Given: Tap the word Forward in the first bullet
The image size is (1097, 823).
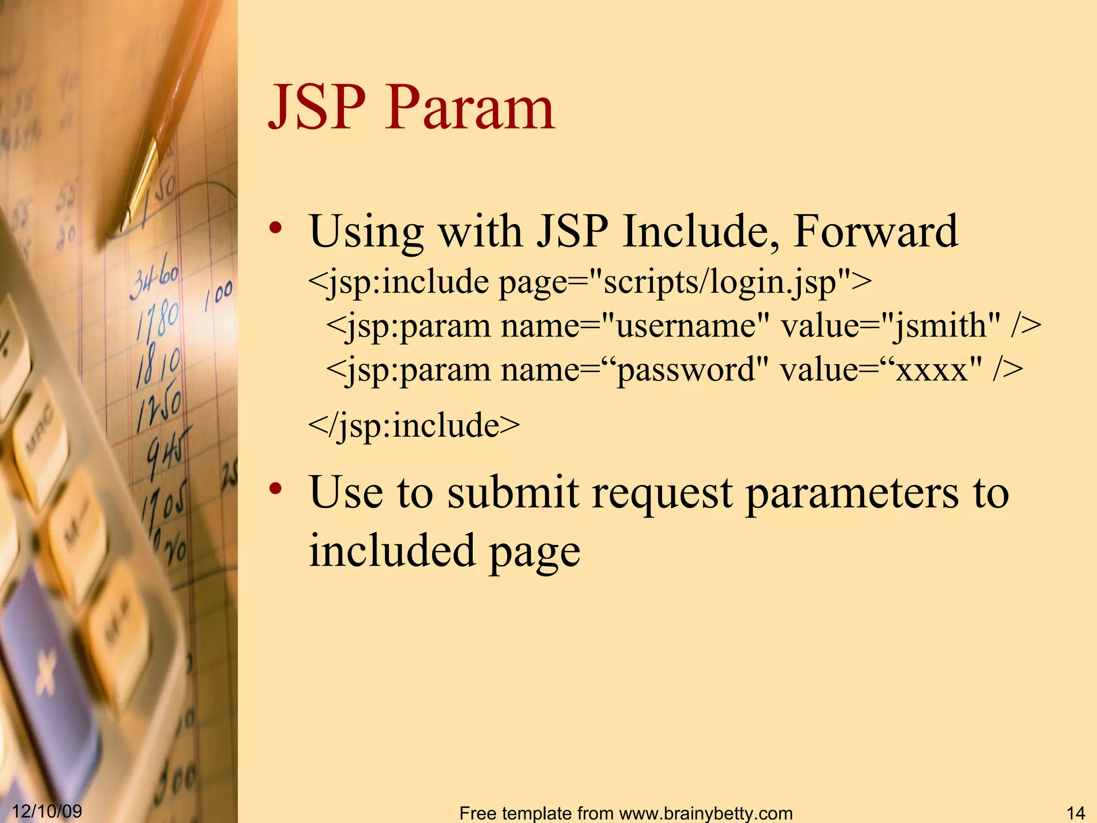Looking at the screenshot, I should coord(875,231).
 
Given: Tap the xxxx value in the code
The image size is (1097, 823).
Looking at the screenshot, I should coord(932,370).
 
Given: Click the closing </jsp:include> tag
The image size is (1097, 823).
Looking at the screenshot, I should coord(414,425).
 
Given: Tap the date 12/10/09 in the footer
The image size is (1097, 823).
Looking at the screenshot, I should coord(47,811).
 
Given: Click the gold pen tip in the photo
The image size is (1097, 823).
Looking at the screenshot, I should coord(129,217).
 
